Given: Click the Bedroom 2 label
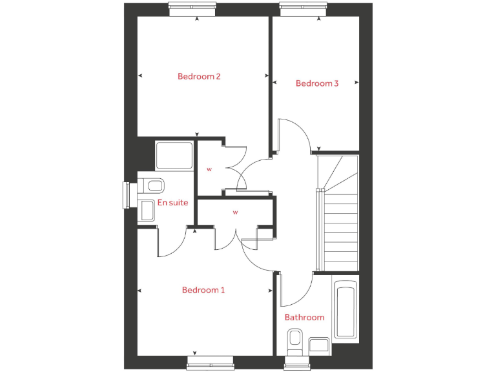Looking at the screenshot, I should [199, 76].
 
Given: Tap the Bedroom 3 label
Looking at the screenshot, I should [317, 83].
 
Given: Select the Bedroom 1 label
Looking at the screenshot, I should [203, 290].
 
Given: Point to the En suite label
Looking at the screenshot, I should [173, 202].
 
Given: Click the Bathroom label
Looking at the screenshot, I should [304, 317].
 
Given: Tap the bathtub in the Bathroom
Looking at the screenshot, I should [346, 309].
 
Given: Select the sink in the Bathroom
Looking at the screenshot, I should [319, 345].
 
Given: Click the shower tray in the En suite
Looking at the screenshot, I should [174, 156].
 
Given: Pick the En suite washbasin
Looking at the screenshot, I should [146, 209].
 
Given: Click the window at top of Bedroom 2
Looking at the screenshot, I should [192, 8].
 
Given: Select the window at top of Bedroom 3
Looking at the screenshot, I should [304, 8].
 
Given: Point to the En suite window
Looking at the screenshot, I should [129, 195].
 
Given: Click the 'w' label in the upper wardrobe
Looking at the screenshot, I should [209, 169].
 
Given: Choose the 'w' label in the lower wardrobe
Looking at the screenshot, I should [236, 212].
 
